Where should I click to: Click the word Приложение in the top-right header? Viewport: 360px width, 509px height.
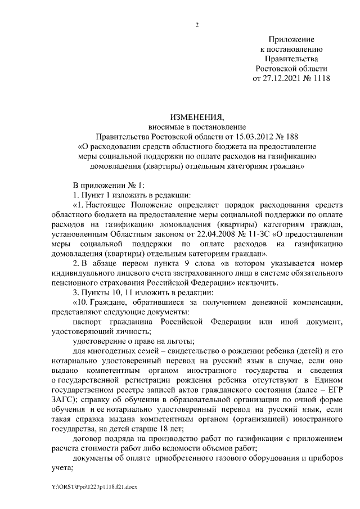pos(291,39)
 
